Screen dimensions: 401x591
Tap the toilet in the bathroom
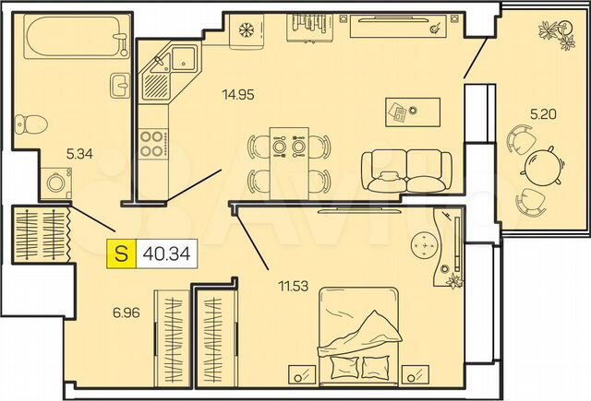(x=31, y=122)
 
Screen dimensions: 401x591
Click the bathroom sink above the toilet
(x=120, y=85)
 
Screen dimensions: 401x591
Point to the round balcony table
(x=541, y=166)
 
